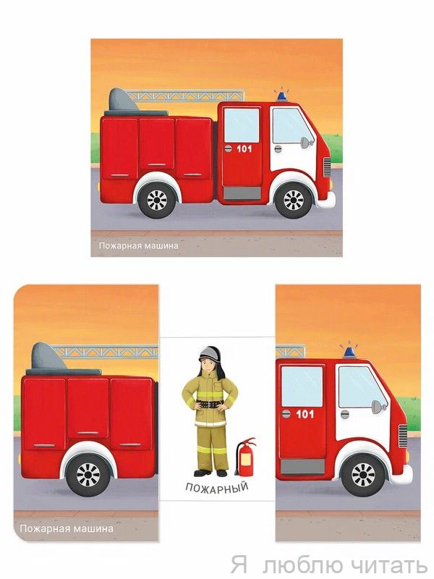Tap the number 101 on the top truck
pyautogui.click(x=244, y=149)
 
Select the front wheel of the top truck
pyautogui.click(x=294, y=200)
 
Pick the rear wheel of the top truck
pyautogui.click(x=157, y=200)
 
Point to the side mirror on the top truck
pyautogui.click(x=306, y=143)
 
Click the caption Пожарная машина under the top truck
pyautogui.click(x=138, y=245)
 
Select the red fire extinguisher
pyautogui.click(x=245, y=457)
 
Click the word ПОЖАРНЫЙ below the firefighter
pyautogui.click(x=216, y=487)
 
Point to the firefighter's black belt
pyautogui.click(x=210, y=403)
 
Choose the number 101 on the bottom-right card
pyautogui.click(x=305, y=414)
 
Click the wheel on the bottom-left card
pyautogui.click(x=88, y=475)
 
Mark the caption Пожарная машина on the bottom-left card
pyautogui.click(x=67, y=528)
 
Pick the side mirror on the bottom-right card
pyautogui.click(x=378, y=407)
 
